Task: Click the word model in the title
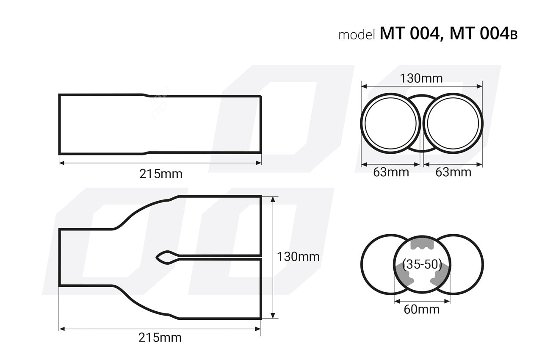click(x=357, y=35)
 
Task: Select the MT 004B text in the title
click(x=483, y=33)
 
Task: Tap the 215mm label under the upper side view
click(x=161, y=174)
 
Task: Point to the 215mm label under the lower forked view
click(x=160, y=338)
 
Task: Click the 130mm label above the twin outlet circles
click(x=421, y=78)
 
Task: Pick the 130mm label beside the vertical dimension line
click(x=298, y=257)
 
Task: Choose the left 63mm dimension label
click(x=391, y=172)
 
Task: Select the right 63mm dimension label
click(x=453, y=172)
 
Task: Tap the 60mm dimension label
click(x=421, y=310)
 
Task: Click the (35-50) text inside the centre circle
click(x=422, y=265)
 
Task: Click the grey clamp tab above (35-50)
click(x=422, y=244)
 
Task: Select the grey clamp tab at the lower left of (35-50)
click(x=406, y=276)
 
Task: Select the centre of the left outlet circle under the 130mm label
click(x=390, y=123)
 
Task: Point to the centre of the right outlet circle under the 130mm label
click(x=453, y=123)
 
